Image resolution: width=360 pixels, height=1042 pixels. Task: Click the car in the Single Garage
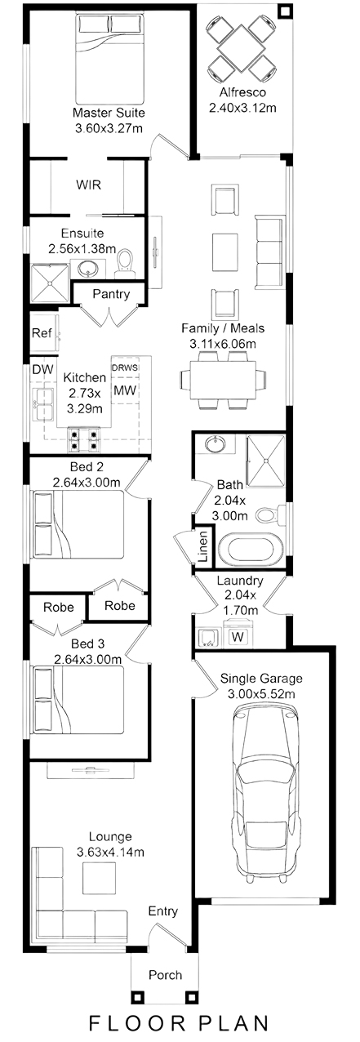coord(266,791)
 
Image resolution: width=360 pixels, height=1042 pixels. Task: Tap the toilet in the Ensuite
coord(125,262)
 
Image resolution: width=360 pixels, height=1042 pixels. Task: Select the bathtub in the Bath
coord(251,549)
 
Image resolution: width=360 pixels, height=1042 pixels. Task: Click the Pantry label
coord(111,294)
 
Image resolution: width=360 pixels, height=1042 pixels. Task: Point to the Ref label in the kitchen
coord(42,333)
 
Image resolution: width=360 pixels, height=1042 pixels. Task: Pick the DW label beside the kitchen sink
coord(42,370)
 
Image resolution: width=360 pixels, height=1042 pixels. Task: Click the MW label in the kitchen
coord(125,390)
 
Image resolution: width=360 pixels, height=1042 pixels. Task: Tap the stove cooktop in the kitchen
coord(84,439)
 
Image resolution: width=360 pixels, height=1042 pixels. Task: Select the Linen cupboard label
coord(203,547)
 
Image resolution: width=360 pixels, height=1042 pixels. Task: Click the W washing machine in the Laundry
coord(238,636)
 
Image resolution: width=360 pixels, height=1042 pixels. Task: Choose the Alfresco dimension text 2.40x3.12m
coord(242,108)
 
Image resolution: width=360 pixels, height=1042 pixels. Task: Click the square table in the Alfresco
coord(242,48)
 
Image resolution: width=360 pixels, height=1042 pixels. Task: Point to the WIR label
coord(88,185)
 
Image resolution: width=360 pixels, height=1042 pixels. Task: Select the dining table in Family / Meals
coord(223,380)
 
